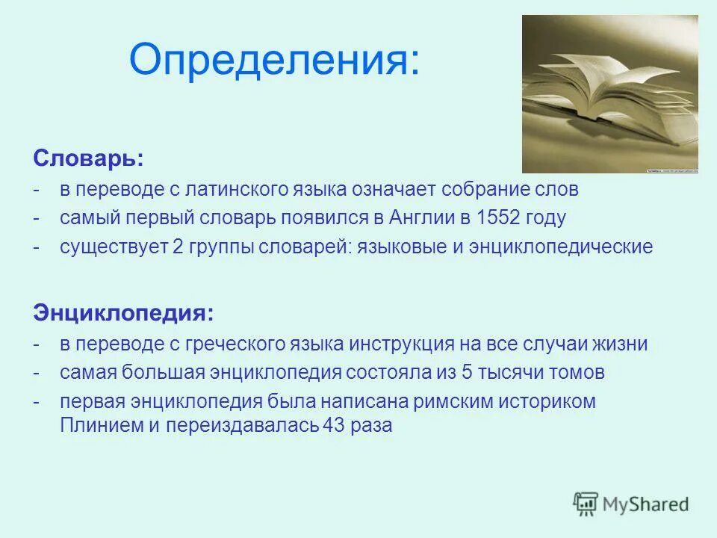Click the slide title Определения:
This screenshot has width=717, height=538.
click(x=274, y=59)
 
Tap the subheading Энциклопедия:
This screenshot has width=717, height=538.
click(x=123, y=313)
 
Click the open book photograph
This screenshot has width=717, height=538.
click(x=609, y=94)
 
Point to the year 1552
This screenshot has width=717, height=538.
click(x=500, y=218)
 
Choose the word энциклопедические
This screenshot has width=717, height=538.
click(x=562, y=247)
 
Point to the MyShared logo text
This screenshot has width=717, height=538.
click(x=645, y=504)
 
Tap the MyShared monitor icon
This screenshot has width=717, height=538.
click(x=586, y=504)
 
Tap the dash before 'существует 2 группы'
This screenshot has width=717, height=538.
click(x=37, y=247)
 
